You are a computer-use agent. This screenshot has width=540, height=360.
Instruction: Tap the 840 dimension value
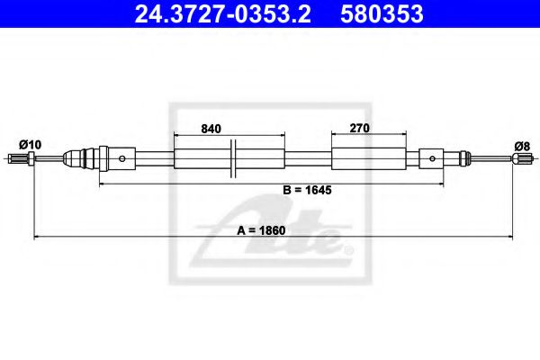point(211,129)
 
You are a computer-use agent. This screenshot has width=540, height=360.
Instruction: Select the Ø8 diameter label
point(520,144)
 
